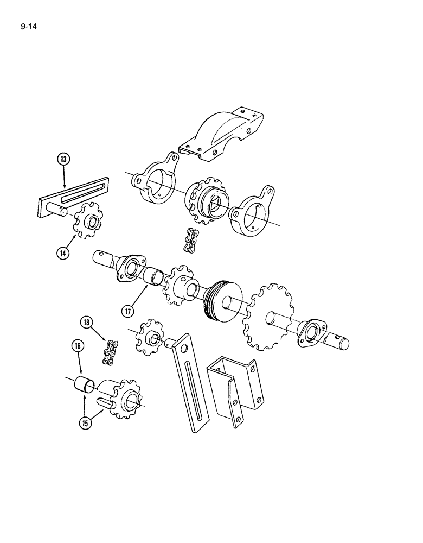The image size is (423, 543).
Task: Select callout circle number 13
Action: tap(65, 160)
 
